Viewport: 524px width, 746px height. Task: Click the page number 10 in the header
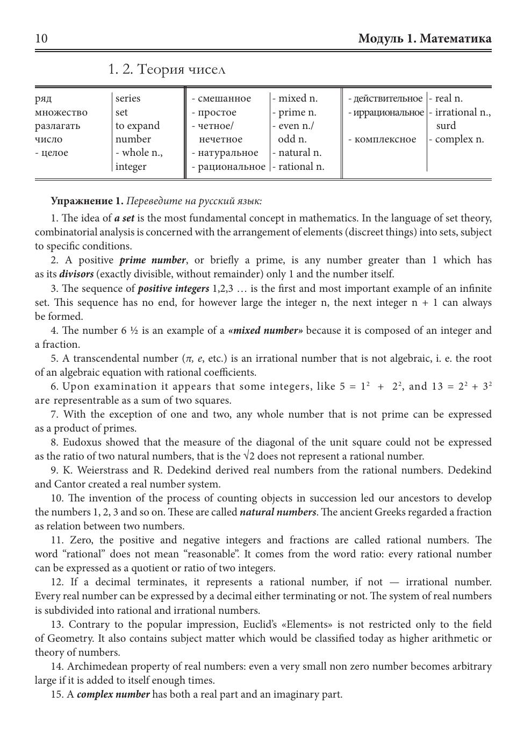point(41,39)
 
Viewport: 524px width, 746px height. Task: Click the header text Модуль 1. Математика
point(425,39)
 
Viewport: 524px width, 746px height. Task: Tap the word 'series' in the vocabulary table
point(128,98)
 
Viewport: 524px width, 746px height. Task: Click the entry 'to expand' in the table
point(138,126)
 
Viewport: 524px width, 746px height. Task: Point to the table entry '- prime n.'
point(295,112)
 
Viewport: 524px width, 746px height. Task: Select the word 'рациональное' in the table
point(231,167)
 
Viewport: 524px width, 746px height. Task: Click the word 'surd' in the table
point(446,126)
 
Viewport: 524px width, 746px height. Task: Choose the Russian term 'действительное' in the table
point(388,98)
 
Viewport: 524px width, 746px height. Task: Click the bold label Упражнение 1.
point(87,202)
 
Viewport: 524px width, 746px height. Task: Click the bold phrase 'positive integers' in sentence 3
point(173,289)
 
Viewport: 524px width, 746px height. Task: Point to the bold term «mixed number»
point(265,331)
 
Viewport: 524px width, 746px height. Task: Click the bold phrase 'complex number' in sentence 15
point(113,694)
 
